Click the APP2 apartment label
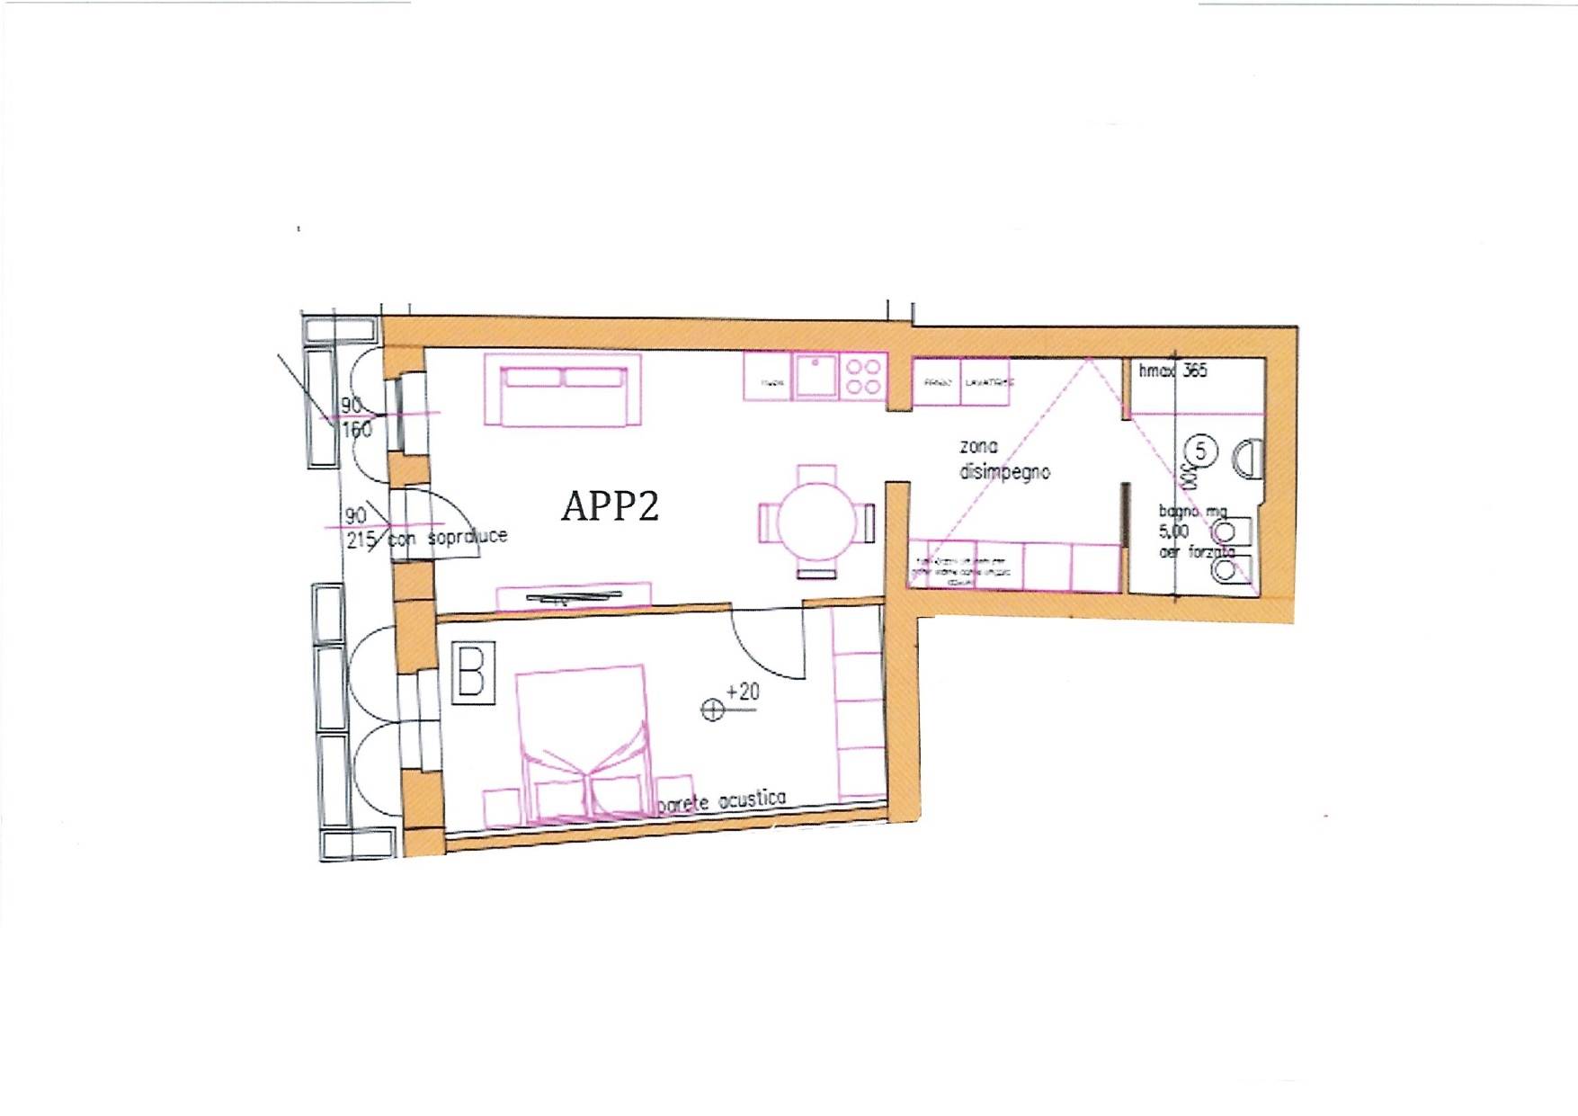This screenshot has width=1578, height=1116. (611, 505)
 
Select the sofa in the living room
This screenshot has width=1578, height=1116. (563, 390)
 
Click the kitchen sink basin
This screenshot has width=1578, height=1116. (816, 375)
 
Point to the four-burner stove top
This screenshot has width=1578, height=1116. (863, 377)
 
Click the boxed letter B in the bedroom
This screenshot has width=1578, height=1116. (472, 672)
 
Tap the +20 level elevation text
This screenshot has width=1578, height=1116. (743, 692)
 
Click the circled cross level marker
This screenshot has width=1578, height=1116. (712, 710)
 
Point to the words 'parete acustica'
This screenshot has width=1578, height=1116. (722, 800)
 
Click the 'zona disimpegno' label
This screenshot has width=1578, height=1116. (1003, 460)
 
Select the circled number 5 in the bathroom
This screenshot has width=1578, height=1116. (1201, 450)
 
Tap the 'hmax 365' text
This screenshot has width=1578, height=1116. (1172, 371)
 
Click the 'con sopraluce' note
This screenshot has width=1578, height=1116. (449, 538)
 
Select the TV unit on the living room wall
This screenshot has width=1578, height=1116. (574, 595)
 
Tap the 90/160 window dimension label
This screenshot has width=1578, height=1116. (355, 418)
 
